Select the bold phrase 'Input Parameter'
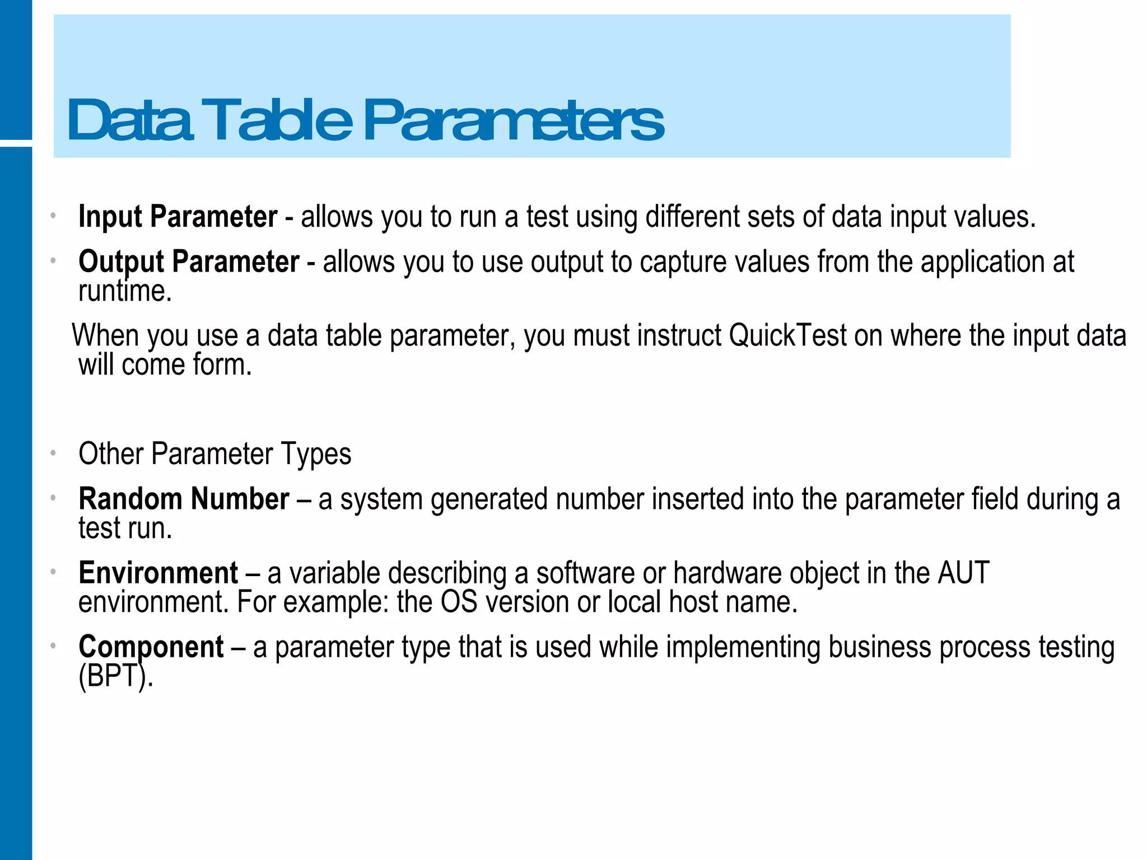tap(178, 217)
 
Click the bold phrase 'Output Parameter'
tap(189, 262)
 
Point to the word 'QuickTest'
tap(787, 336)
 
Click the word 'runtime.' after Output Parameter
tap(125, 292)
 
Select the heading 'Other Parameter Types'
tap(215, 454)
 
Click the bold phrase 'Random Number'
tap(184, 499)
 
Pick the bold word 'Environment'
tap(158, 573)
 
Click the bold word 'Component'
tap(151, 648)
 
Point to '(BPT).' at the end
tap(115, 677)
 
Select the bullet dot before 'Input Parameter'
tap(53, 216)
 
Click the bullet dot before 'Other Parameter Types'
tap(53, 452)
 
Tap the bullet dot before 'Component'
tap(53, 646)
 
